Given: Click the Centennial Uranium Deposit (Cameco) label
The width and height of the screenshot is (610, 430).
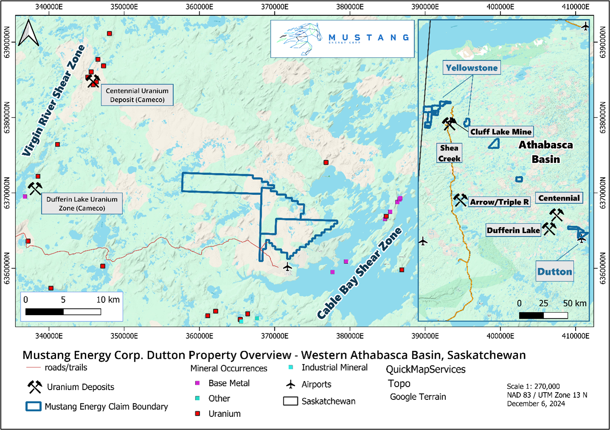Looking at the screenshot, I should (137, 95).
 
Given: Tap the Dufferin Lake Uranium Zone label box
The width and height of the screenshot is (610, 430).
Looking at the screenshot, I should (82, 204).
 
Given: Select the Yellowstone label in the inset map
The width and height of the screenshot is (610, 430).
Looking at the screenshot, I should (472, 68).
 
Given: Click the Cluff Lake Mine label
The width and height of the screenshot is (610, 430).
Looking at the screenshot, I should (500, 132).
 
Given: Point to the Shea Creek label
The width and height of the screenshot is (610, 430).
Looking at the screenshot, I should (449, 153).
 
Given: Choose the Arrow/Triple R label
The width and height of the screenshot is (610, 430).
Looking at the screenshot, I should (499, 202).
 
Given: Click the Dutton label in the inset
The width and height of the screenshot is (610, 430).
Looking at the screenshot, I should (554, 271).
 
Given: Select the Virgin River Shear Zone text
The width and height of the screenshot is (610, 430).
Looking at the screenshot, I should (54, 101).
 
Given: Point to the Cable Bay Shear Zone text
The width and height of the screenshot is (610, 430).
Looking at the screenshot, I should (359, 273).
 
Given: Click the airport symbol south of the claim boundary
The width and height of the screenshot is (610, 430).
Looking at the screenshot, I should (288, 267).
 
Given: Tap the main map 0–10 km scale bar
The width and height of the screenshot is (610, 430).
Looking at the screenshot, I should (63, 312).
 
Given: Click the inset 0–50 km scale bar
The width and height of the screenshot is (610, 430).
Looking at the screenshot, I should (543, 315).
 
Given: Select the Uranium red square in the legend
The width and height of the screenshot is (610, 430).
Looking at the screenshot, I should (197, 413).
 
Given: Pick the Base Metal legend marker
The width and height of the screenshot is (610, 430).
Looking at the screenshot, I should (197, 383).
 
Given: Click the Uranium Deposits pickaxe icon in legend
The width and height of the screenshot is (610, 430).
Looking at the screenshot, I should (35, 387).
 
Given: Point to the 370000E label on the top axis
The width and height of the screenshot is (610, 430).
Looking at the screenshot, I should (274, 7).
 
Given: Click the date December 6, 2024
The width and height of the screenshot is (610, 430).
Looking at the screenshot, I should (536, 404).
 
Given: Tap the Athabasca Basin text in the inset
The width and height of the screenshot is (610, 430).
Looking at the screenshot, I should (545, 152).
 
